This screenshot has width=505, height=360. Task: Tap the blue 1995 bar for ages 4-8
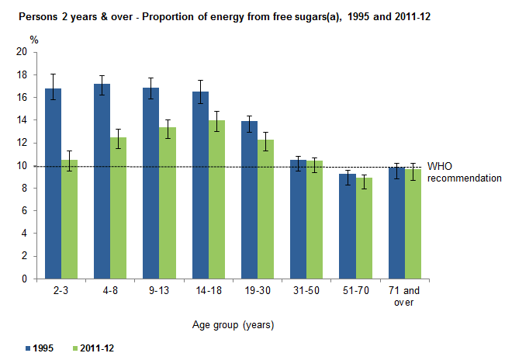(102, 182)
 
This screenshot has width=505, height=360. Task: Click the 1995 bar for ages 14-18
(201, 185)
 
